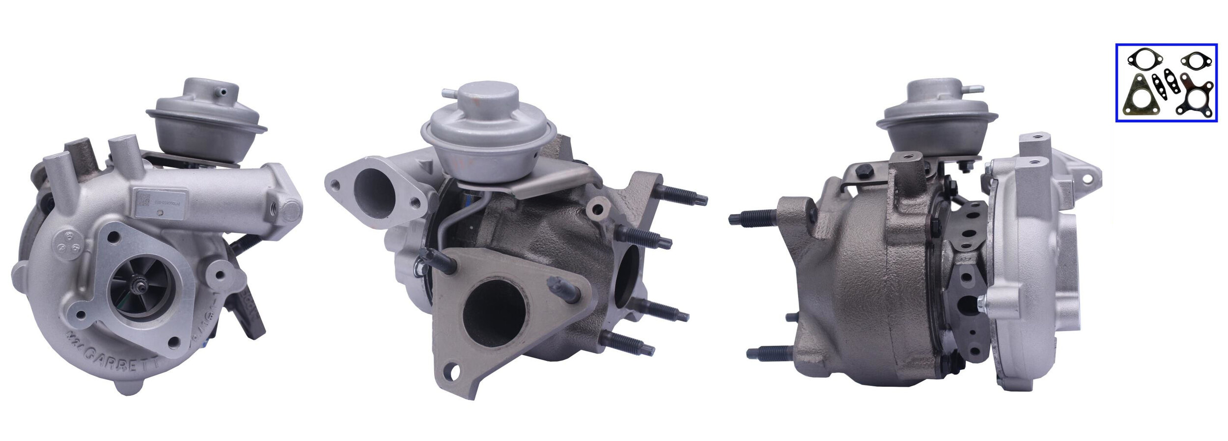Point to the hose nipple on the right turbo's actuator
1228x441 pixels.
click(x=975, y=89)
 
